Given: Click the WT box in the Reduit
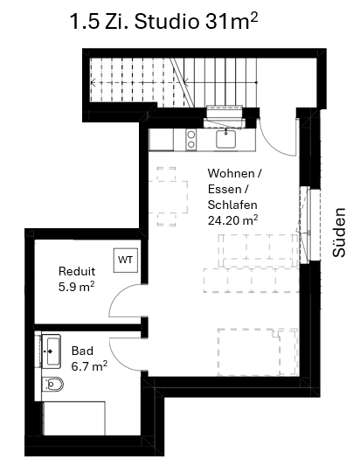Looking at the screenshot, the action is (126, 260).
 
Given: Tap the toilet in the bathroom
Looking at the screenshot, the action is (53, 384).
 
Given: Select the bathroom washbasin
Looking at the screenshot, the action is (52, 351).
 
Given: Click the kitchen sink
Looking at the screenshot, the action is (225, 139).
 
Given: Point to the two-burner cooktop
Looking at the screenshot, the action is (190, 139).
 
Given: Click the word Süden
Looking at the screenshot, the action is (339, 233).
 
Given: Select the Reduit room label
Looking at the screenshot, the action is (77, 271).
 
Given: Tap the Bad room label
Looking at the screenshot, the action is (82, 351).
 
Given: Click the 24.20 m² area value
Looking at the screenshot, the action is (232, 220).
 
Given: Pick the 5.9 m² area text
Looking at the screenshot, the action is (77, 286).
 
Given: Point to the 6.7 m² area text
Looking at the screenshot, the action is (89, 366).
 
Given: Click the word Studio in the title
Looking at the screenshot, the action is (166, 22).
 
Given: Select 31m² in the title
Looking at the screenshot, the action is (232, 21).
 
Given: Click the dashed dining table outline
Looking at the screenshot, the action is (168, 198).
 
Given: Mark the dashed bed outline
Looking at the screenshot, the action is (258, 352).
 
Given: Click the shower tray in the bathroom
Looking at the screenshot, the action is (74, 418).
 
